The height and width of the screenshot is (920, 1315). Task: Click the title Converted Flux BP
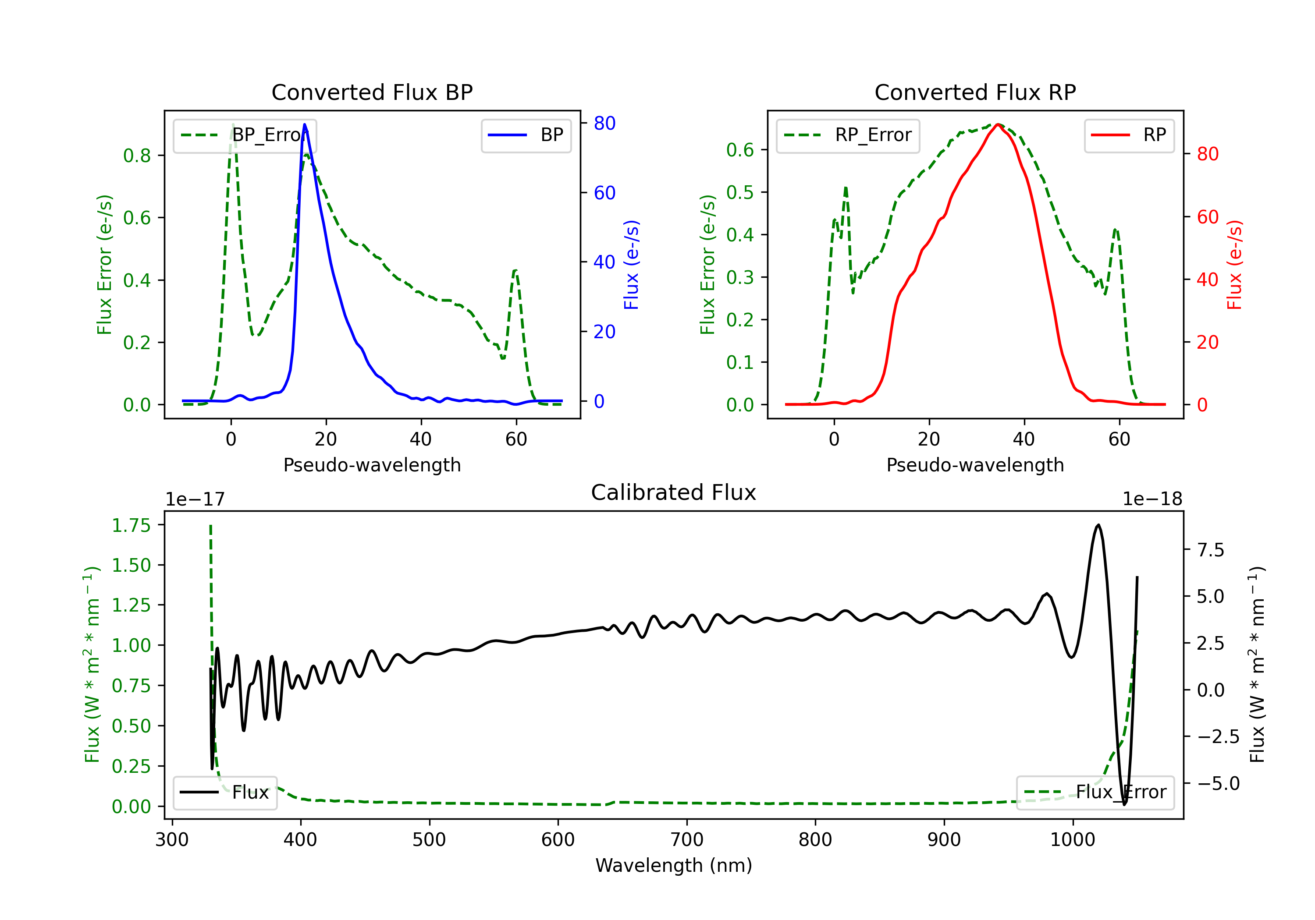(x=372, y=92)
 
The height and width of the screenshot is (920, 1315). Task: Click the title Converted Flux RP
(x=975, y=92)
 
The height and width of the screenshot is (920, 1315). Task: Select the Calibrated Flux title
(x=674, y=492)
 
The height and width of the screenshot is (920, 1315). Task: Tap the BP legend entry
(x=526, y=135)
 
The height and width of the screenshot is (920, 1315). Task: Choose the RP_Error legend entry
(x=848, y=135)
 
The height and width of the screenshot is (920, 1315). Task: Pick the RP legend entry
(x=1129, y=135)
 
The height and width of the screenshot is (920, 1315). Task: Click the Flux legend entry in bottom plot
(x=224, y=793)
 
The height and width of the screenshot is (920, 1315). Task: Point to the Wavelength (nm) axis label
(x=674, y=865)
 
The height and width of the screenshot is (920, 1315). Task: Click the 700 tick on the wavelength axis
(x=687, y=839)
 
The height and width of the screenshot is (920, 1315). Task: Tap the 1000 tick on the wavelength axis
(x=1072, y=839)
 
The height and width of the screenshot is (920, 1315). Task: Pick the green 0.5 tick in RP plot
(x=740, y=192)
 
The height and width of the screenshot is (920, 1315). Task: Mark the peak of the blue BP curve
(x=304, y=124)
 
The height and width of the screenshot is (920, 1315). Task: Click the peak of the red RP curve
(x=997, y=124)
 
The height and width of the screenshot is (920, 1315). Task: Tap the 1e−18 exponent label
(x=1152, y=499)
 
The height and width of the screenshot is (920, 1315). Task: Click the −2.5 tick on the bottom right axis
(x=1218, y=736)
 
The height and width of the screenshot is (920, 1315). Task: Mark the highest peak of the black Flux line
(x=1098, y=524)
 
